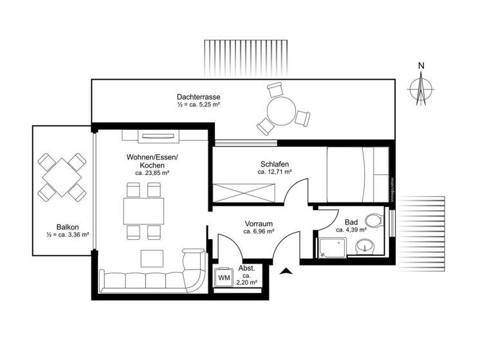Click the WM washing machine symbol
pos(224,277)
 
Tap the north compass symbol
pos(421,87)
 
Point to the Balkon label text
pos(68,226)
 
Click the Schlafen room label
pos(275,164)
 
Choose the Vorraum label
pos(259,223)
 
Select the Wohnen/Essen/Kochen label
pos(152,161)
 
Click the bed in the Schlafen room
pos(357,174)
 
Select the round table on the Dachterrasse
pos(281,112)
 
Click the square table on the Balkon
pos(62,176)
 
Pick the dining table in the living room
pos(143,210)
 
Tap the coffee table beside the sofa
pos(153,258)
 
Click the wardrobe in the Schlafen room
pos(244,193)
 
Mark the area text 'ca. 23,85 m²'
pos(152,173)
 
